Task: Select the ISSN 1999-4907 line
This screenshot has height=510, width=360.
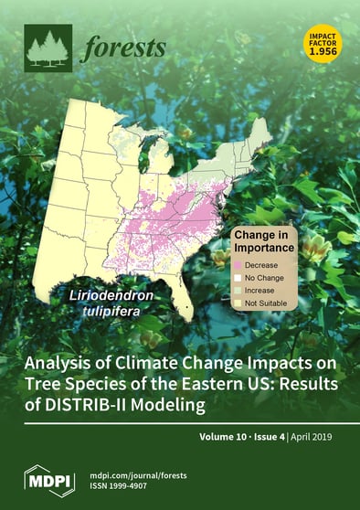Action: [121, 484]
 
